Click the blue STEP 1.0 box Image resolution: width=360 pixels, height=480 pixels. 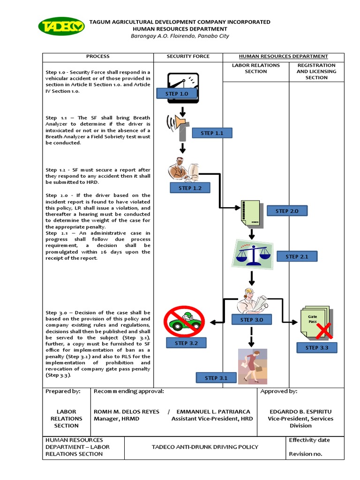pos(177,94)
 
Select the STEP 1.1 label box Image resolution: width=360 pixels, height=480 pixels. pos(212,133)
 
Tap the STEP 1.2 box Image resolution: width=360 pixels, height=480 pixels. pos(190,188)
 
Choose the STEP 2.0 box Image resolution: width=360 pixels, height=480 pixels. pos(287,211)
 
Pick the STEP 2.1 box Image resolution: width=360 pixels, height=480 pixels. pos(297,256)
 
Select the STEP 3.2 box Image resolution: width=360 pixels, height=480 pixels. pos(187,343)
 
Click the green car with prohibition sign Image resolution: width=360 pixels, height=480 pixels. pos(184,321)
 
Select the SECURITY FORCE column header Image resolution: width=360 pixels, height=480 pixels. pos(188,56)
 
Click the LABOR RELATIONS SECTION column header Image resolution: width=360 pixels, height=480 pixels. pos(255,68)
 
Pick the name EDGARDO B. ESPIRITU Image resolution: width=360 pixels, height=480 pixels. pos(300,412)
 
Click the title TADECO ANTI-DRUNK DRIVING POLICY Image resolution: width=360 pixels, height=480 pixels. pos(205,447)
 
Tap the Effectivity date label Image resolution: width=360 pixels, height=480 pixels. pos(309,440)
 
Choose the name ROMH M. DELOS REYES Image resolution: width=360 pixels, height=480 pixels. pos(127,412)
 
